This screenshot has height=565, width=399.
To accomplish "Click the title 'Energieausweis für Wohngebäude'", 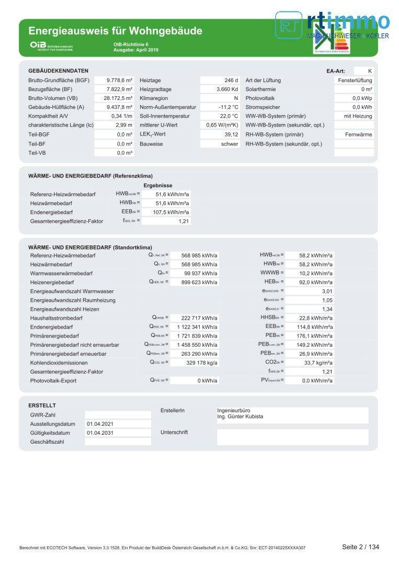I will click(115, 31).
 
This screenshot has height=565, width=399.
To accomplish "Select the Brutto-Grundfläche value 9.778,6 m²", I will click(120, 81).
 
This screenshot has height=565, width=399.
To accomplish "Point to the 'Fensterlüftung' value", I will click(355, 81).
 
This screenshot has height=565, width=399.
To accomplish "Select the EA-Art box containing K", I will click(364, 71).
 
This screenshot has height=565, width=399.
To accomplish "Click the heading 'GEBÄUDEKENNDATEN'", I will click(58, 71).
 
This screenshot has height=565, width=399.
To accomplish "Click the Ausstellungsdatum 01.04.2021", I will click(100, 424).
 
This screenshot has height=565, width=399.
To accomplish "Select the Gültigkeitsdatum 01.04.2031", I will click(100, 433).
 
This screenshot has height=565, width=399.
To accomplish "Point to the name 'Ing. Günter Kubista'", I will click(240, 417).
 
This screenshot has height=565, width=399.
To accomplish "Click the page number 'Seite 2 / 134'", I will click(360, 547).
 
